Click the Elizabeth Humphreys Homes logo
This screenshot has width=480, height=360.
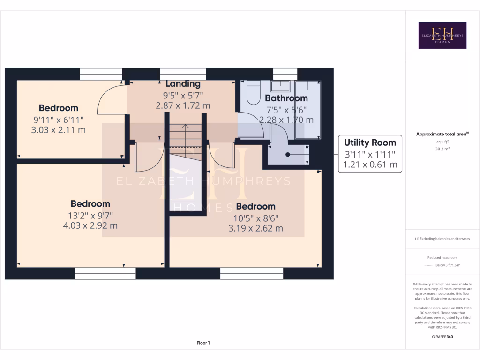(x=442, y=35)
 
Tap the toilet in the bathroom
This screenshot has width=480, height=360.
(x=253, y=93)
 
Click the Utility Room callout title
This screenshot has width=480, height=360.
(x=370, y=142)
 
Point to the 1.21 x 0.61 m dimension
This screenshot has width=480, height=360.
(x=370, y=165)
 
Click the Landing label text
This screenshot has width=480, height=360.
(x=183, y=84)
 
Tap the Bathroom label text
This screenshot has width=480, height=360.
(x=286, y=98)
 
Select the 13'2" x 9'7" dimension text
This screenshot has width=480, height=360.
(x=90, y=215)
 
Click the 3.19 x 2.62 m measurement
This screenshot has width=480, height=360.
(x=255, y=228)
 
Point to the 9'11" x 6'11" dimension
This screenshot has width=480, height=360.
(x=58, y=120)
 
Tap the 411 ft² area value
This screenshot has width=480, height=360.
(x=442, y=142)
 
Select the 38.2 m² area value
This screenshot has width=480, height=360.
(x=442, y=149)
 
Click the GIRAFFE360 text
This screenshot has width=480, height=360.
(x=442, y=337)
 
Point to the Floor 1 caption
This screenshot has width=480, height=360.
(x=203, y=343)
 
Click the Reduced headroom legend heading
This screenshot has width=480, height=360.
(x=442, y=257)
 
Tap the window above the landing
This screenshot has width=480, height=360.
(x=183, y=74)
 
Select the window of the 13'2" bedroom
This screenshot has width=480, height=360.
(x=105, y=273)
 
